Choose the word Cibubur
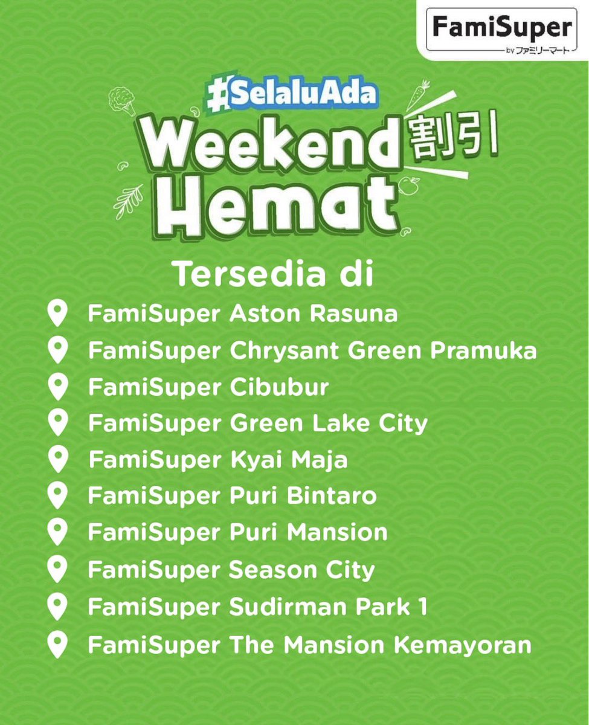(279, 387)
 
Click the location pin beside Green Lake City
(57, 424)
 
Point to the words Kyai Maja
(289, 460)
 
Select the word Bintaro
(330, 497)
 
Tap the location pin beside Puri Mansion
(57, 533)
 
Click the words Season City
(302, 570)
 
